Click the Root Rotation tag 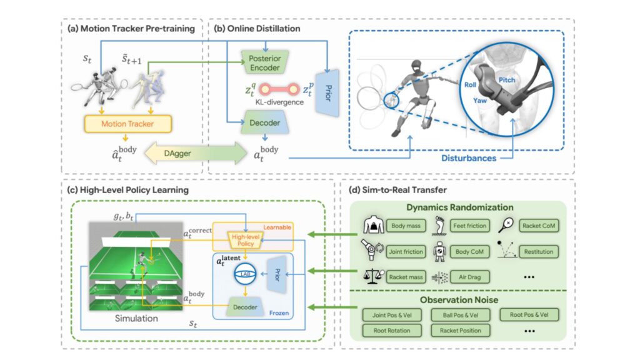coord(391,329)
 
